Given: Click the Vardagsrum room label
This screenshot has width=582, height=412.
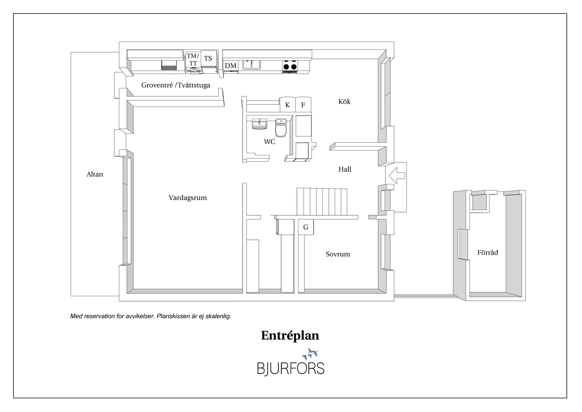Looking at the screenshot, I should click(x=188, y=198).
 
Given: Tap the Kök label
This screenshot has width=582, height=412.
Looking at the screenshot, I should click(x=344, y=102).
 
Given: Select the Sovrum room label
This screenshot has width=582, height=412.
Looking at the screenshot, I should click(x=338, y=254).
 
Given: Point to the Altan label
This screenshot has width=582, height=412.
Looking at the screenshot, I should click(x=95, y=174).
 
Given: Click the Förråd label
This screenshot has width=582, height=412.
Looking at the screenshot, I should click(x=487, y=253).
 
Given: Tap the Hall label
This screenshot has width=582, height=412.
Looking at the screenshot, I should click(x=345, y=169).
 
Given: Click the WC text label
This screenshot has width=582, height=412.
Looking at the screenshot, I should click(x=269, y=142).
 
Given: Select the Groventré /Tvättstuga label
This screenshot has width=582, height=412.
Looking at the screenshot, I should click(x=176, y=85).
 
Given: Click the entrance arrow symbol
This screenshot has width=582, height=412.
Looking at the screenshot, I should click(x=397, y=175).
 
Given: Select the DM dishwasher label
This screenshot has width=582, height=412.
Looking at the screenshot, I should click(x=231, y=66).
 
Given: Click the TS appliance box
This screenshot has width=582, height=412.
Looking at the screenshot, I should click(x=208, y=59).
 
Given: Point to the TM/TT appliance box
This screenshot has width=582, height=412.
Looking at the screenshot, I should click(x=193, y=60).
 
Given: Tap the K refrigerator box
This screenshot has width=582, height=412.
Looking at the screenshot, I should click(x=287, y=105).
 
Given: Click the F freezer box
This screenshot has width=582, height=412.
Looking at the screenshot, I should click(x=303, y=105).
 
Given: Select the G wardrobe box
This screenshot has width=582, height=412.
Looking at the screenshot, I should click(x=306, y=227).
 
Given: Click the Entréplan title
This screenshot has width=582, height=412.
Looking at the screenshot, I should click(x=290, y=335).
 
